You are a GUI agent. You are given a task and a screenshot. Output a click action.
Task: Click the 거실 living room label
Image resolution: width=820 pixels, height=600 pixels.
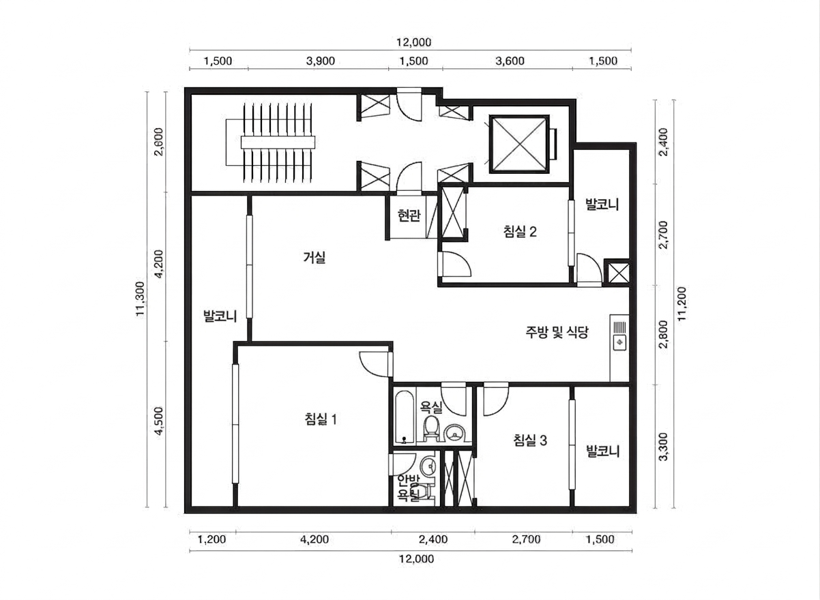click(314, 258)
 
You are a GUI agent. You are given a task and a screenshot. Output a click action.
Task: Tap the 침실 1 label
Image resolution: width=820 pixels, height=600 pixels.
click(321, 419)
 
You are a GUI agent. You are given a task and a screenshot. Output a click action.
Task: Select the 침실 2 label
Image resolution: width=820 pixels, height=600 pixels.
click(520, 232)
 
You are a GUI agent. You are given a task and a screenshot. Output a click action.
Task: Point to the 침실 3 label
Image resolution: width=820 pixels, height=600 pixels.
click(531, 440)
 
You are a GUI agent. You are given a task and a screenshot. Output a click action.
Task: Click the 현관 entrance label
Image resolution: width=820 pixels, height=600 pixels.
click(409, 216)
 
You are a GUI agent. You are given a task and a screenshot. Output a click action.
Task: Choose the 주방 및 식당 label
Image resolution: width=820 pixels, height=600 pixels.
click(557, 332)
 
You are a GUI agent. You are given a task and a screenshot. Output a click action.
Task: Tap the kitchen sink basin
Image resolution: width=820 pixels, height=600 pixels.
click(619, 343)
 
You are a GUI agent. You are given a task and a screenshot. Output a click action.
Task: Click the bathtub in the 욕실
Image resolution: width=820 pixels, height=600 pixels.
click(405, 417)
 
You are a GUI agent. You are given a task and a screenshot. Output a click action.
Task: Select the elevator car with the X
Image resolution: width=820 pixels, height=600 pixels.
click(519, 144)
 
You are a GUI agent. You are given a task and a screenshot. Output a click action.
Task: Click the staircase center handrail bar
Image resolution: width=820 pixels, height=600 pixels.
click(278, 142)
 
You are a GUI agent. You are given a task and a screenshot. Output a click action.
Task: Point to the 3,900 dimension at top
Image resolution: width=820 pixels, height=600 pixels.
click(321, 61)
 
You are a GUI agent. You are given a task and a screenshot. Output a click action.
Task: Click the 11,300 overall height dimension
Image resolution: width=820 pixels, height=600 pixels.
click(141, 299)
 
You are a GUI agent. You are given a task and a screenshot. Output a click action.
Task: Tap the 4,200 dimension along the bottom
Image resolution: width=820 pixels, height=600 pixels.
click(314, 539)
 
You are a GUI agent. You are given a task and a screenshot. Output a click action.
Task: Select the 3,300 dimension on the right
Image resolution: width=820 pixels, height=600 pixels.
click(663, 447)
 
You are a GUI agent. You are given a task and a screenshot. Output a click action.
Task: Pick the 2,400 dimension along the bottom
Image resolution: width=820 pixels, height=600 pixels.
click(433, 539)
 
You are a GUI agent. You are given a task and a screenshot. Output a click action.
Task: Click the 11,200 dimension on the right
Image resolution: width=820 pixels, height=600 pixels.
click(682, 303)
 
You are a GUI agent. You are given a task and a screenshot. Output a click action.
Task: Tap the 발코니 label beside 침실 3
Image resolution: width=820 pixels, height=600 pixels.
click(602, 451)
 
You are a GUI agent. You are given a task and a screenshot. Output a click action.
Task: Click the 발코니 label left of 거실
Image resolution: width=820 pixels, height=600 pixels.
click(220, 316)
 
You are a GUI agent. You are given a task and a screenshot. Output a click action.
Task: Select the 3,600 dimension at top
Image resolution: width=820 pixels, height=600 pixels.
click(510, 61)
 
